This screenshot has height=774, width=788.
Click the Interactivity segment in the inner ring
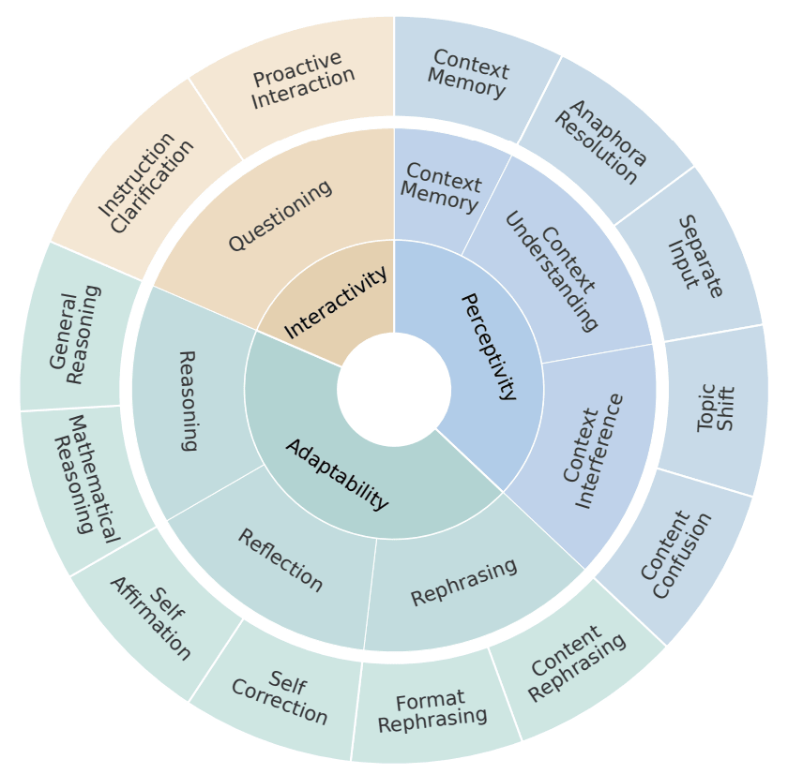335,302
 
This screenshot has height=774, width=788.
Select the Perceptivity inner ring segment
488,347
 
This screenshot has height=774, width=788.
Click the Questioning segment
280,215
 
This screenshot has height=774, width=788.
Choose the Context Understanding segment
552,271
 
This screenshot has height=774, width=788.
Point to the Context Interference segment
594,450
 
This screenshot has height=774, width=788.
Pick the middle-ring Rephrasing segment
463,582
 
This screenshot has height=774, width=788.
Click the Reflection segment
280,560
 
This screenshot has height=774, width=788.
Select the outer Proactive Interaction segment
302,79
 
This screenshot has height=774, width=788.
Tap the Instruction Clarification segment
147,184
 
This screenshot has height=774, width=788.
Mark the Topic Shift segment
716,408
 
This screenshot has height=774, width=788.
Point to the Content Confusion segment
675,555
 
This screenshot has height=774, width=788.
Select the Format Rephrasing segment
432,711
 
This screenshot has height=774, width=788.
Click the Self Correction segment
280,697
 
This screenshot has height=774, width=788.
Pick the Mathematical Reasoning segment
84,478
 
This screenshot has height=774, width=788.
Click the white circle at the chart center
394,390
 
